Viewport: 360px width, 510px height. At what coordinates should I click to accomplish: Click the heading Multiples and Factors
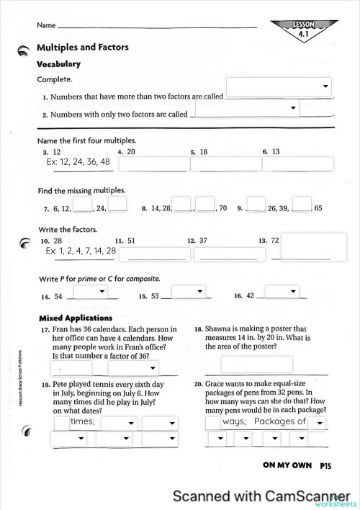pyautogui.click(x=83, y=48)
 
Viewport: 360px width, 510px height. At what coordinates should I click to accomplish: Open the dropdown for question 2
pyautogui.click(x=245, y=108)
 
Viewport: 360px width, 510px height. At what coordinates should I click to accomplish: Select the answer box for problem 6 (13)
pyautogui.click(x=298, y=164)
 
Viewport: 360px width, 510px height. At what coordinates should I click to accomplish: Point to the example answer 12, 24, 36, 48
pyautogui.click(x=78, y=162)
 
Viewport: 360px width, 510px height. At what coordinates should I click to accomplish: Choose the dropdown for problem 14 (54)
pyautogui.click(x=91, y=291)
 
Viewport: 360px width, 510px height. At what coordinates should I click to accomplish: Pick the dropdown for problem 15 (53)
pyautogui.click(x=189, y=291)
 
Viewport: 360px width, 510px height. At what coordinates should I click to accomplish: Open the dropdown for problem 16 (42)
pyautogui.click(x=282, y=291)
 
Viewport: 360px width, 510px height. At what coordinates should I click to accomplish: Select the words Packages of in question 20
pyautogui.click(x=280, y=421)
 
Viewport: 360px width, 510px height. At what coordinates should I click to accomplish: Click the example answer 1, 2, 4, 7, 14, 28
pyautogui.click(x=81, y=251)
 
